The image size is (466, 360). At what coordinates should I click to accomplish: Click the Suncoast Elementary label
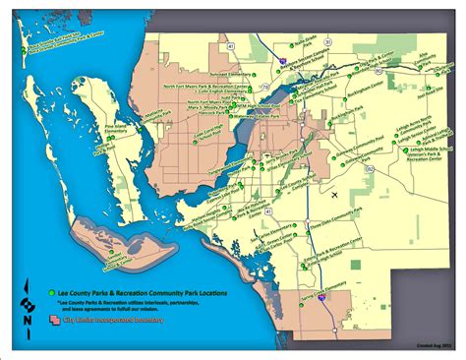point(190,72)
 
